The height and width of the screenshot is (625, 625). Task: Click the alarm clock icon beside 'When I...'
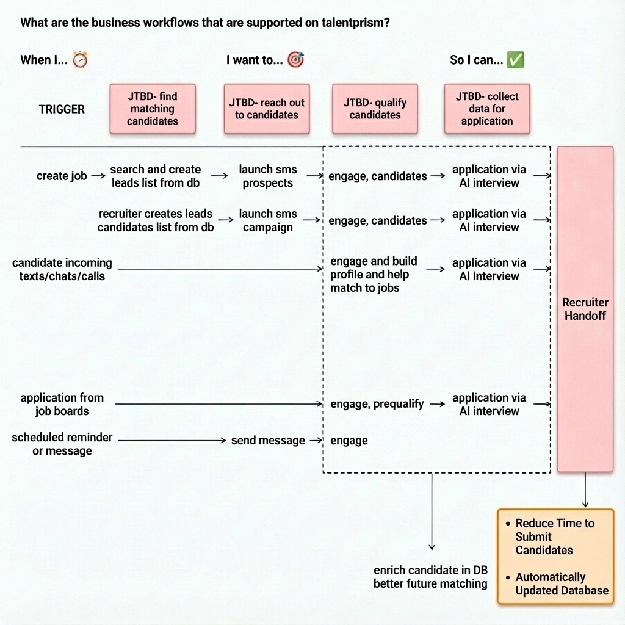tap(80, 60)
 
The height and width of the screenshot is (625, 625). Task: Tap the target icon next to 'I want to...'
tap(296, 60)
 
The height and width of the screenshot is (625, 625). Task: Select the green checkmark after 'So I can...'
tap(515, 60)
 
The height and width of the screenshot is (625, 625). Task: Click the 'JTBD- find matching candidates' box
tap(153, 109)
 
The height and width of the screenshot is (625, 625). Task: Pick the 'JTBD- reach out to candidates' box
tap(267, 109)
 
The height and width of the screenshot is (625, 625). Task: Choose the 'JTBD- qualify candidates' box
tap(375, 109)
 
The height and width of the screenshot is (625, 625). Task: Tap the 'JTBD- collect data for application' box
tap(487, 109)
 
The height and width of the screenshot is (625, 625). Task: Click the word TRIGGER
tap(62, 109)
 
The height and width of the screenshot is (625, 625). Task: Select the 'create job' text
tap(62, 176)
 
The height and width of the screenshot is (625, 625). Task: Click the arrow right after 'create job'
tap(98, 176)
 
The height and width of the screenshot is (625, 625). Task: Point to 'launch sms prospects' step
tap(268, 176)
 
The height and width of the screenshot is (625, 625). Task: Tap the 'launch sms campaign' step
tap(268, 220)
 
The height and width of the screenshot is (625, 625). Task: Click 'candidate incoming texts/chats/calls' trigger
tap(62, 269)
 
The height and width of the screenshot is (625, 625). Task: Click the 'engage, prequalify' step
tap(377, 404)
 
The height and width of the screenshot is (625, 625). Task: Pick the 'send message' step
tap(269, 441)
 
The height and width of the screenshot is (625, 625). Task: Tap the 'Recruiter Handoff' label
tap(585, 309)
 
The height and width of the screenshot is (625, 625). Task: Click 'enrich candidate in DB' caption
tap(430, 571)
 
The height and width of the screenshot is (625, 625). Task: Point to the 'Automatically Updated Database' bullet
tap(562, 583)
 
